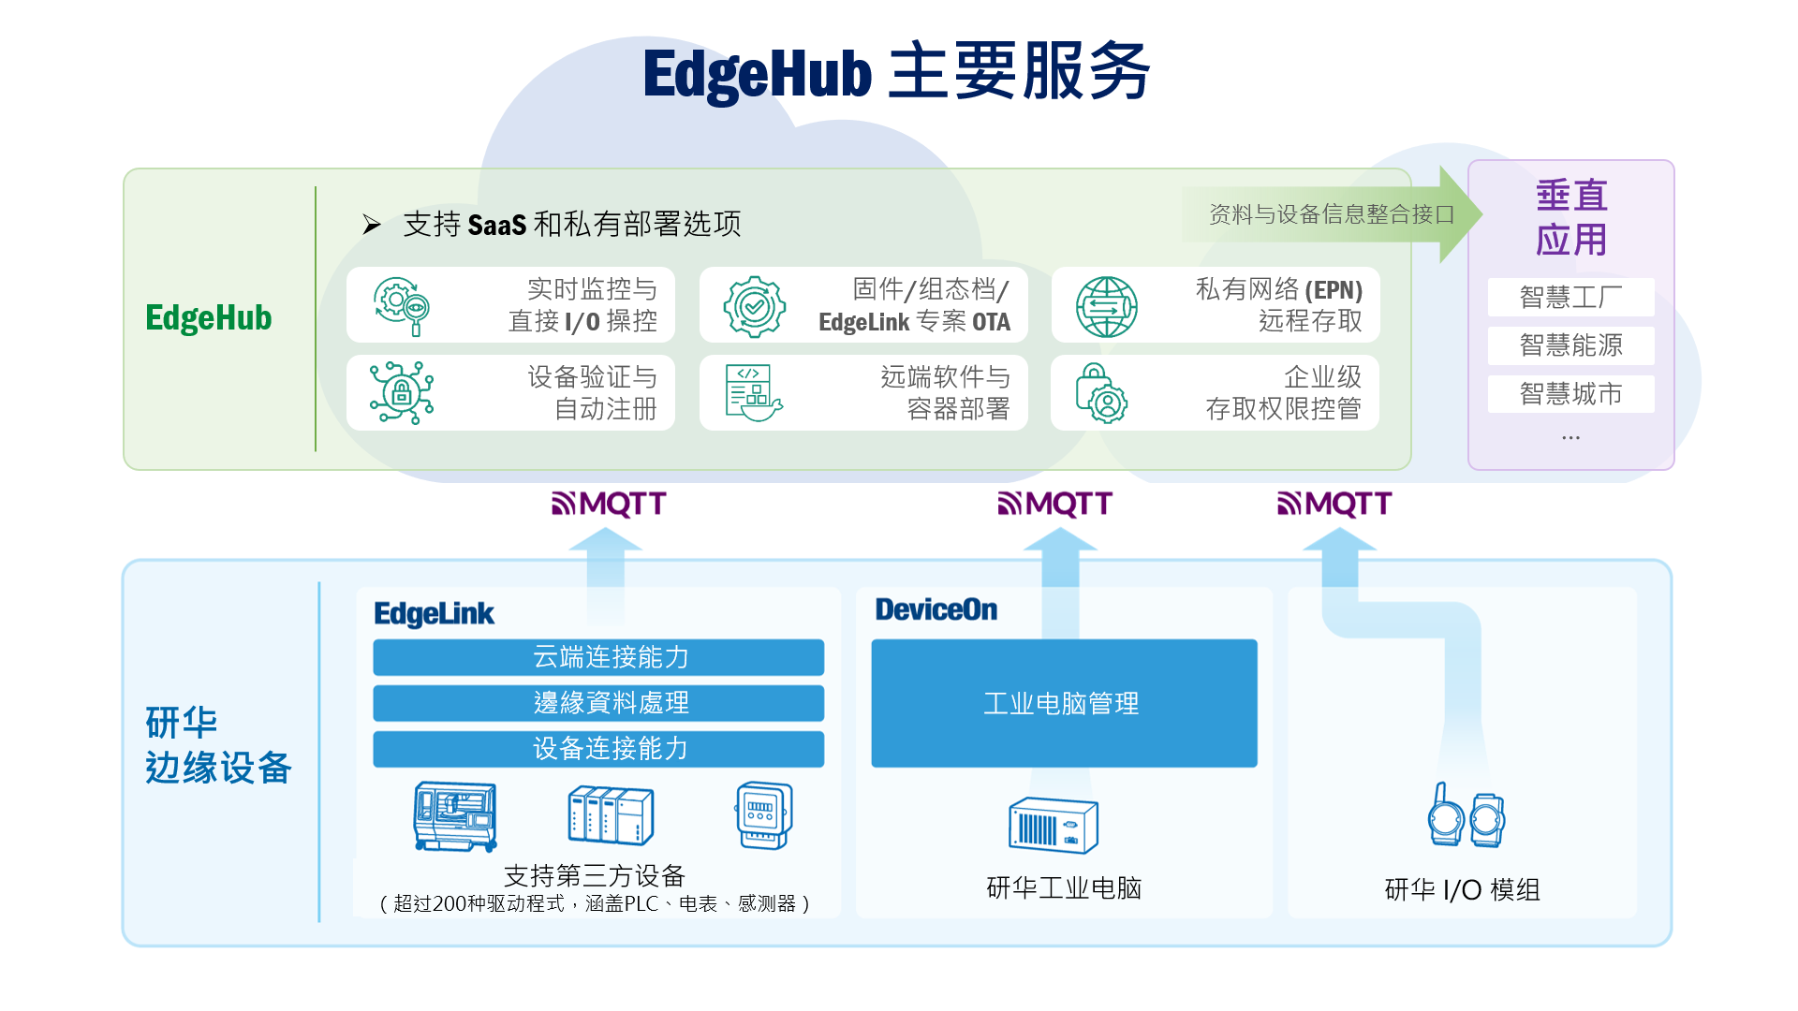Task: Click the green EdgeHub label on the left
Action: tap(208, 318)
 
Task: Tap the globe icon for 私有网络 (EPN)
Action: tap(1106, 307)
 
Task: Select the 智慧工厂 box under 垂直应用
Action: tap(1570, 297)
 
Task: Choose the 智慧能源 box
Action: tap(1570, 345)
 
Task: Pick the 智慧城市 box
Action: tap(1570, 394)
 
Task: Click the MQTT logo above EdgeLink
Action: tap(609, 504)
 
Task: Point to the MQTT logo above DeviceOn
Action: tap(1054, 504)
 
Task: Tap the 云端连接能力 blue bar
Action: tap(598, 657)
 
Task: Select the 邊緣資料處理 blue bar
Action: tap(598, 703)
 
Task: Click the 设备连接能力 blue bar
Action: tap(598, 749)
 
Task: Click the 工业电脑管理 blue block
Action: tap(1064, 703)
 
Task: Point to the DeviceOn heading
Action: tap(936, 609)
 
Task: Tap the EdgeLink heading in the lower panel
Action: tap(434, 613)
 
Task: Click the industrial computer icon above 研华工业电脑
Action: tap(1054, 825)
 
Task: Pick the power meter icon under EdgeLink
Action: tap(764, 815)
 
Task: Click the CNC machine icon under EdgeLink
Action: tap(455, 816)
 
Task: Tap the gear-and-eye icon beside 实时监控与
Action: tap(402, 306)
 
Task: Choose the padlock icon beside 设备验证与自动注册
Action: tap(402, 393)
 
